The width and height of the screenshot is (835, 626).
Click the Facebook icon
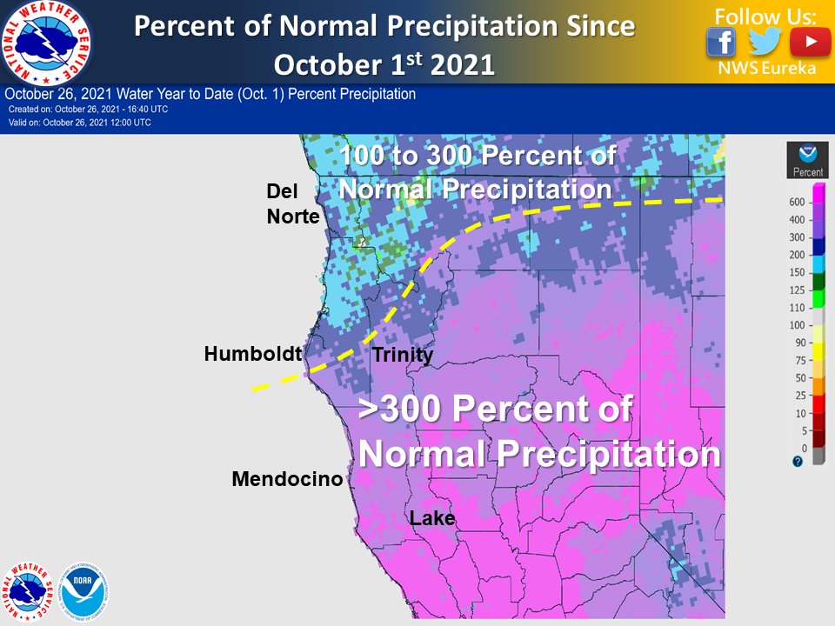pyautogui.click(x=721, y=42)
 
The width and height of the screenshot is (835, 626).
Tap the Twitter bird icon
pyautogui.click(x=765, y=42)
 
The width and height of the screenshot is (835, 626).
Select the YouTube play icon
pyautogui.click(x=810, y=42)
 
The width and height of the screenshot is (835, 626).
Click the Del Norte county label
pyautogui.click(x=293, y=203)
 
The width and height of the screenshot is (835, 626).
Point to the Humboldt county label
pyautogui.click(x=252, y=354)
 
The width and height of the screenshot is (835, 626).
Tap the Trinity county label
pyautogui.click(x=402, y=355)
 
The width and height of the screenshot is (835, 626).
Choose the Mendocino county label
pyautogui.click(x=287, y=479)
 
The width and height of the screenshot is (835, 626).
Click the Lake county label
pyautogui.click(x=432, y=519)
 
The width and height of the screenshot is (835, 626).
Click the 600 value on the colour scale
pyautogui.click(x=796, y=202)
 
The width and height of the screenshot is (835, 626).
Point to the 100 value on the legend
pyautogui.click(x=796, y=325)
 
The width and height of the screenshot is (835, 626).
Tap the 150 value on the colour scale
pyautogui.click(x=796, y=272)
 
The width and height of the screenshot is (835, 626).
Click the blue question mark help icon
pyautogui.click(x=798, y=462)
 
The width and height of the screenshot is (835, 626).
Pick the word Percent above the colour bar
pyautogui.click(x=808, y=172)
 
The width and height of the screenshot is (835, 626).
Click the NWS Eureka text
pyautogui.click(x=766, y=69)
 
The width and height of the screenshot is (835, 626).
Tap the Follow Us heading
pyautogui.click(x=766, y=16)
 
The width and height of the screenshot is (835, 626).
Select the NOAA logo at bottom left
pyautogui.click(x=85, y=587)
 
